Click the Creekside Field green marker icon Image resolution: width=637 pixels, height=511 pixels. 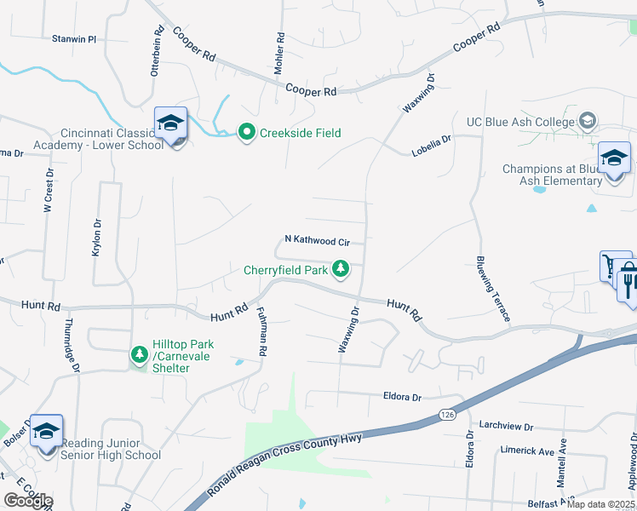(247, 132)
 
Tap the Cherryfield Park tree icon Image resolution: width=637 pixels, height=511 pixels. (341, 270)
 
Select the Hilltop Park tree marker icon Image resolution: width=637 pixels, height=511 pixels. (139, 353)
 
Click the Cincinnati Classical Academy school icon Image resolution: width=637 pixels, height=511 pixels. (170, 125)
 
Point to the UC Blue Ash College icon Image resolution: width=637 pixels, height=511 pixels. (587, 122)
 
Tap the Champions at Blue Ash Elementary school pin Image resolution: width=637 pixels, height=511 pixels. (614, 159)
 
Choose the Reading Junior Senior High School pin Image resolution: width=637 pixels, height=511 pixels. (46, 432)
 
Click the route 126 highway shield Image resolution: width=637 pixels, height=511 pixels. (447, 414)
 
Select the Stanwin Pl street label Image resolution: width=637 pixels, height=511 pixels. (75, 39)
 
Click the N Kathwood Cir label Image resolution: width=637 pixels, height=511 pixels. (317, 241)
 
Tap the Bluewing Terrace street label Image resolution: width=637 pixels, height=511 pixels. (493, 286)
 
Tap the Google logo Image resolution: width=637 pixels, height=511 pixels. (28, 501)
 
